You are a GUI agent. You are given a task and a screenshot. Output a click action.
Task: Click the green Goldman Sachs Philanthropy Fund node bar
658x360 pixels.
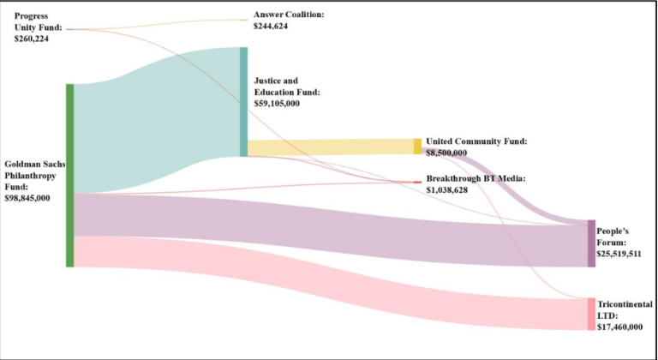click(70, 175)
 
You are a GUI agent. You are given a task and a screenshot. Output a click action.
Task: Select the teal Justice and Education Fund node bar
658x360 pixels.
click(243, 102)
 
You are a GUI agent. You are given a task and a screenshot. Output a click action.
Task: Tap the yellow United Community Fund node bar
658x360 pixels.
click(417, 147)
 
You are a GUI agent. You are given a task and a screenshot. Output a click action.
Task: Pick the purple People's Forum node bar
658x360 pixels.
click(590, 243)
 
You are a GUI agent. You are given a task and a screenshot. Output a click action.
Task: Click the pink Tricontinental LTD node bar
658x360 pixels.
click(590, 314)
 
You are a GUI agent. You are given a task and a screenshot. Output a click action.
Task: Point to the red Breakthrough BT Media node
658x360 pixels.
click(418, 183)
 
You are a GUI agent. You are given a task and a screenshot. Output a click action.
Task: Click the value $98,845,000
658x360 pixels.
click(27, 198)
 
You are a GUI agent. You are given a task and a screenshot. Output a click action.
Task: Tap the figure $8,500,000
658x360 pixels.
click(446, 153)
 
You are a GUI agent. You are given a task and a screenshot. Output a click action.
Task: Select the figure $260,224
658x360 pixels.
click(31, 39)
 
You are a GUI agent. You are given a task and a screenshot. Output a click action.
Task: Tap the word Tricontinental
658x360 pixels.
click(625, 304)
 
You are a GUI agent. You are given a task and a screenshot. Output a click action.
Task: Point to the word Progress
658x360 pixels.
click(31, 15)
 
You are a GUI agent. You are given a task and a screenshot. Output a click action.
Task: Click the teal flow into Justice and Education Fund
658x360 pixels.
click(154, 120)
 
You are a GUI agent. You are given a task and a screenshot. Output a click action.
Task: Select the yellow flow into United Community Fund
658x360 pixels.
click(330, 147)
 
